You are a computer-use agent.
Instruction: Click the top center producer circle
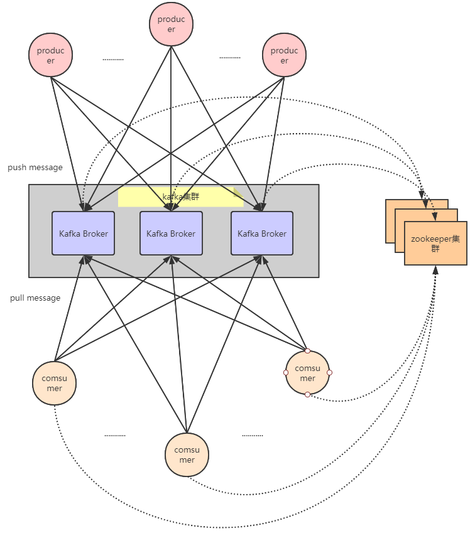click(x=171, y=24)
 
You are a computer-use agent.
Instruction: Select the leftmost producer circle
click(x=51, y=55)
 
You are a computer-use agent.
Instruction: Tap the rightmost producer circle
click(x=284, y=55)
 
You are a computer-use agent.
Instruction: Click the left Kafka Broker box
click(x=84, y=234)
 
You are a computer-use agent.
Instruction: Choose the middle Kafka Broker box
click(x=171, y=234)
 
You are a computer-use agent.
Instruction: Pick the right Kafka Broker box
click(x=261, y=234)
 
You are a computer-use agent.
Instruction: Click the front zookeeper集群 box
click(x=435, y=244)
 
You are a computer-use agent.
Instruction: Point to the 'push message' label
click(x=35, y=168)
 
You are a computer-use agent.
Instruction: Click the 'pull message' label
click(x=35, y=298)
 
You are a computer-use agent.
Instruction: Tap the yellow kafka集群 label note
click(x=180, y=196)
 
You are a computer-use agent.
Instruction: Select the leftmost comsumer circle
click(x=55, y=384)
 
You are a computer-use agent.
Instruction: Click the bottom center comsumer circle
click(x=187, y=455)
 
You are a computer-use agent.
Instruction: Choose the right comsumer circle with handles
click(x=307, y=373)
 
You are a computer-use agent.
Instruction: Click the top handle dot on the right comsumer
click(x=307, y=351)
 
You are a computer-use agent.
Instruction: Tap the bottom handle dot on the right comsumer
click(x=307, y=394)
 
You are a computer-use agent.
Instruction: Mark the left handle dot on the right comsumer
click(x=286, y=372)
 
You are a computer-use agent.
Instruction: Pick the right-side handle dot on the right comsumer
click(x=329, y=372)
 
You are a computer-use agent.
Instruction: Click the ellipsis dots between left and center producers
click(x=113, y=60)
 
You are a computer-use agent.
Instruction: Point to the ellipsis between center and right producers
click(x=230, y=57)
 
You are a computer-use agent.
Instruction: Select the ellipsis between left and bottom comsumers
click(x=115, y=435)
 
